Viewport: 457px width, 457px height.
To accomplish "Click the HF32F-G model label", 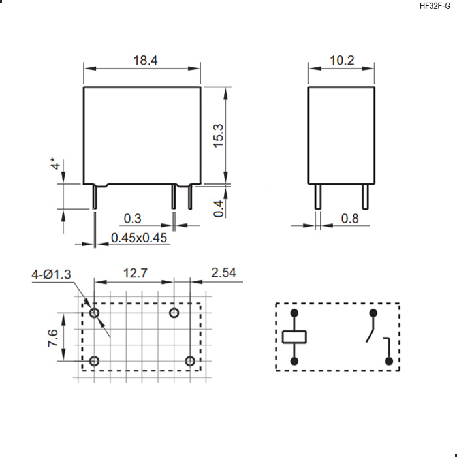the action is coord(435,6).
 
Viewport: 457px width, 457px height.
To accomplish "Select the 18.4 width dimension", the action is coord(146,60).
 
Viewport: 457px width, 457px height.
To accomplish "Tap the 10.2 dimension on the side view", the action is coord(341,60).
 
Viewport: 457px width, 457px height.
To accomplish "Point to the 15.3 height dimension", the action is coord(219,136).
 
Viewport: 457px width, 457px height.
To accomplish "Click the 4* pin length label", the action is coord(55,163).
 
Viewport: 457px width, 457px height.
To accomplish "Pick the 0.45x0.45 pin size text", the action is coord(139,238).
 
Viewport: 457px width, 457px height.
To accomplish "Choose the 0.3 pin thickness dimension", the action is coord(133,219).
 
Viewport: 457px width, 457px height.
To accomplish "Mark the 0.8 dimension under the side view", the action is coord(350,219).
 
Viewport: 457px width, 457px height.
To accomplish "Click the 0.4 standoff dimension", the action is coord(219,209).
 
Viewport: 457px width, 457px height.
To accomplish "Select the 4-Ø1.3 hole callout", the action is coord(52,274).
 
